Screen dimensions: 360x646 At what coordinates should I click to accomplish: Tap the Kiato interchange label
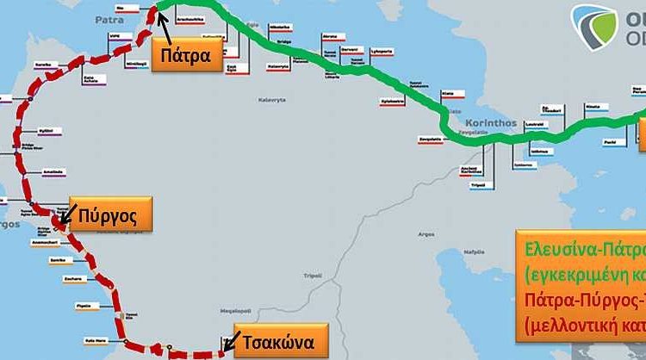(x=447, y=91)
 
